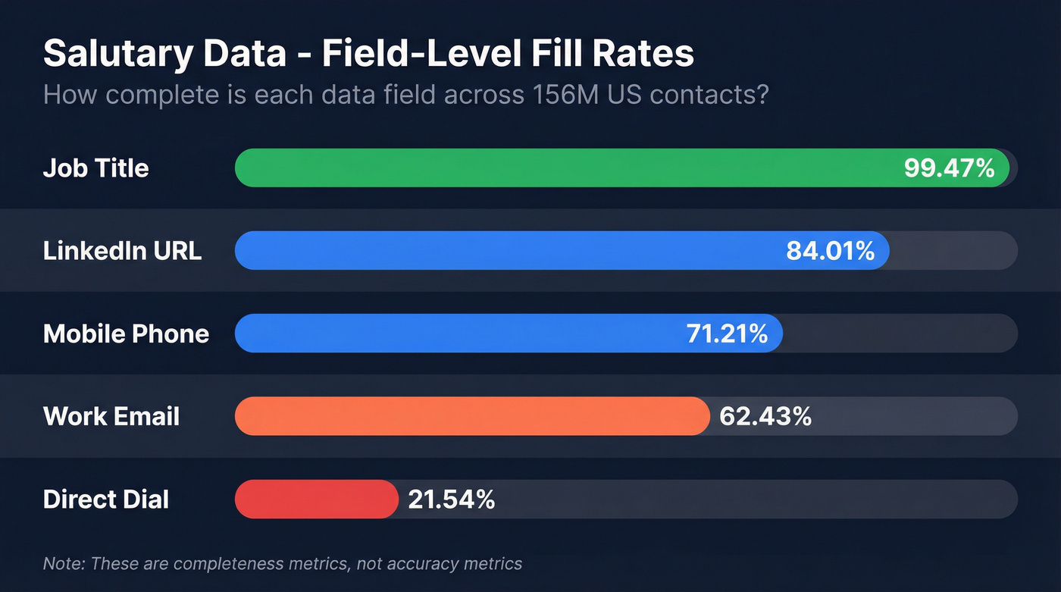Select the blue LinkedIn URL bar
508,250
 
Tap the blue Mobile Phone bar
455,334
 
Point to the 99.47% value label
949,168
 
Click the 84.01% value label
830,250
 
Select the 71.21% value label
727,334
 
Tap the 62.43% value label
765,416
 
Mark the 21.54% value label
451,499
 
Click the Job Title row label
95,168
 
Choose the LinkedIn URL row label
122,250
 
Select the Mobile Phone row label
126,334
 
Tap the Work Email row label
111,416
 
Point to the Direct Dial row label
106,499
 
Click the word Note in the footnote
58,563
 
